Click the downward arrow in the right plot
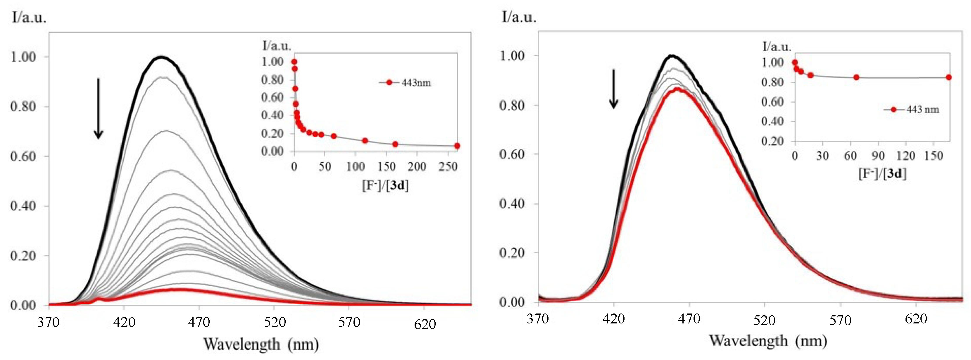(614, 89)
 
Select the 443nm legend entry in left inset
(405, 82)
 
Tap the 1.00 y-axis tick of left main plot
(23, 57)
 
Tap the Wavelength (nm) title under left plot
(261, 344)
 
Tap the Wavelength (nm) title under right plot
(768, 340)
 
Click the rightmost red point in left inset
(457, 146)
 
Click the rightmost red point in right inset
(949, 77)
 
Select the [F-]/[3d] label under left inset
(385, 185)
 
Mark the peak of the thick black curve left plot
(162, 57)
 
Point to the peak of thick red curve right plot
(677, 89)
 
